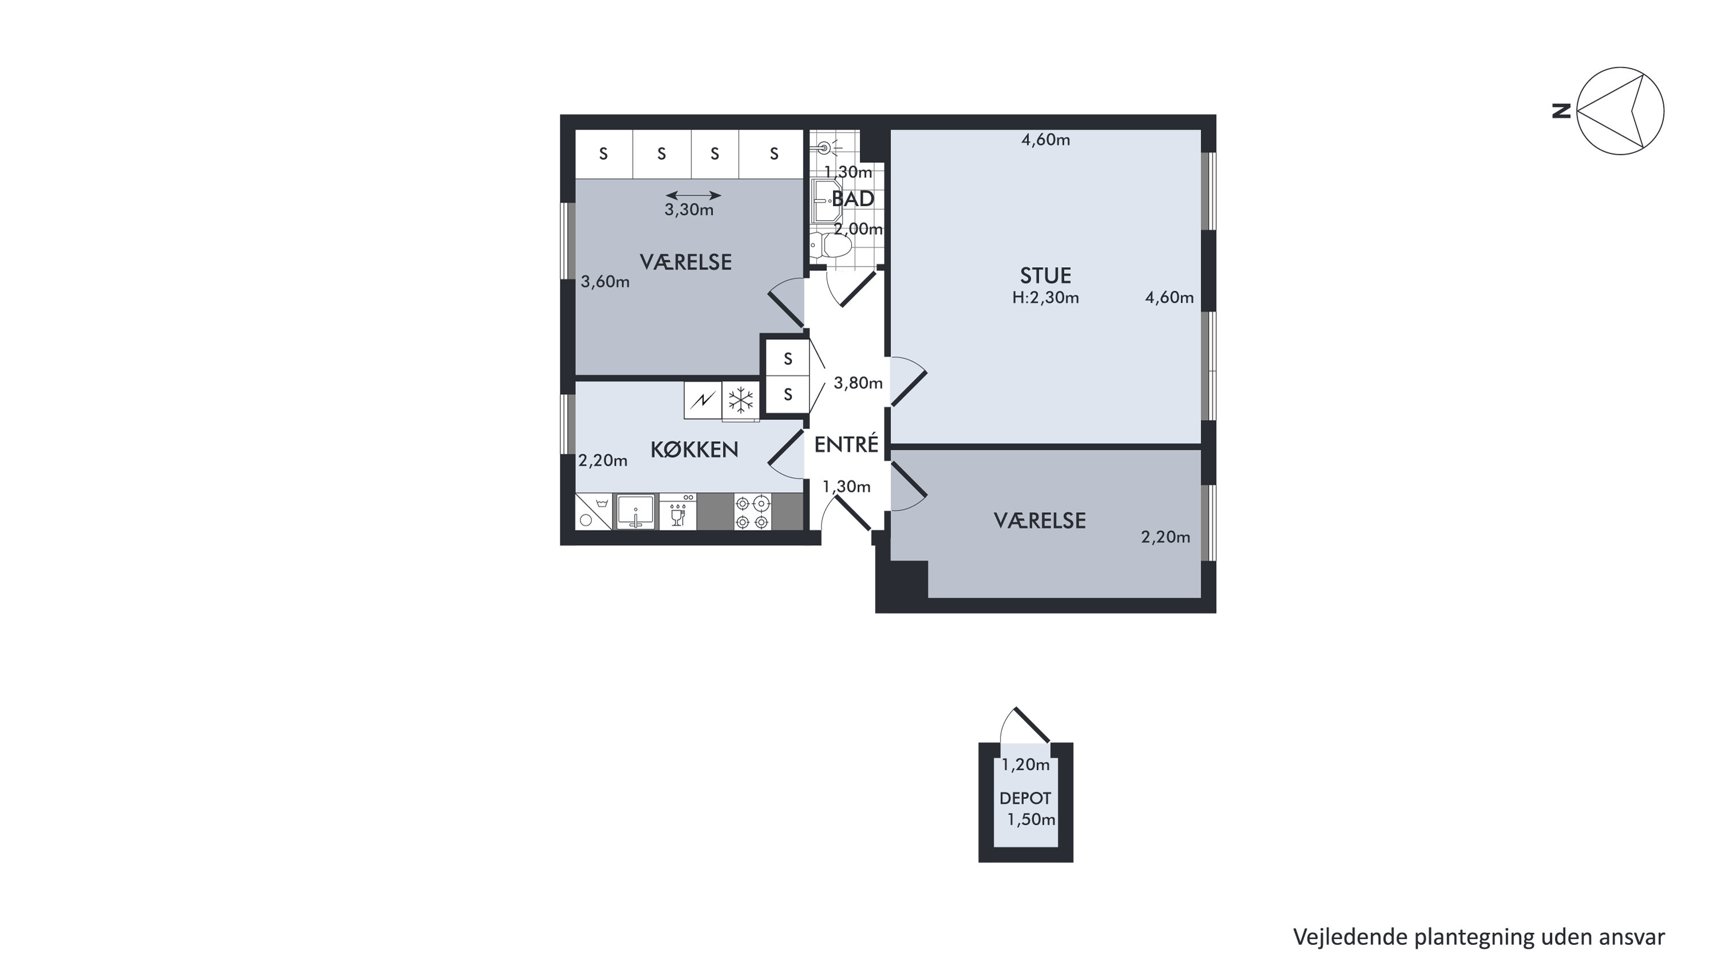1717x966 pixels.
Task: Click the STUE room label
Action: [1045, 275]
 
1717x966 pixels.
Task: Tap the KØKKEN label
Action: [694, 450]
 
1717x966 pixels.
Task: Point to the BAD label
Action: [852, 199]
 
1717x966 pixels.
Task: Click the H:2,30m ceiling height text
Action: [1045, 298]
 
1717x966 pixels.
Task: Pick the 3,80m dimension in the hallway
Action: [858, 383]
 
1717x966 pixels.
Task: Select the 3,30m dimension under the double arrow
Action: [689, 210]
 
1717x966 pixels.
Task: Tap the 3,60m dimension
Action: [605, 282]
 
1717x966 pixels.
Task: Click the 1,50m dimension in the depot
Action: [1031, 819]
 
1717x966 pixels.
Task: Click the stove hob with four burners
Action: [752, 512]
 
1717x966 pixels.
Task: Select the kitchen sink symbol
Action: [635, 512]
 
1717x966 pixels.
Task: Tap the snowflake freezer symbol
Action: [740, 400]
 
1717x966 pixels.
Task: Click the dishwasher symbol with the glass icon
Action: [678, 512]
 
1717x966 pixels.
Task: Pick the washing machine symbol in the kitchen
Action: [593, 512]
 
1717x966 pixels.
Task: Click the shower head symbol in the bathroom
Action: [825, 147]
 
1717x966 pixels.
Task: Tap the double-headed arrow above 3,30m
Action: [693, 195]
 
